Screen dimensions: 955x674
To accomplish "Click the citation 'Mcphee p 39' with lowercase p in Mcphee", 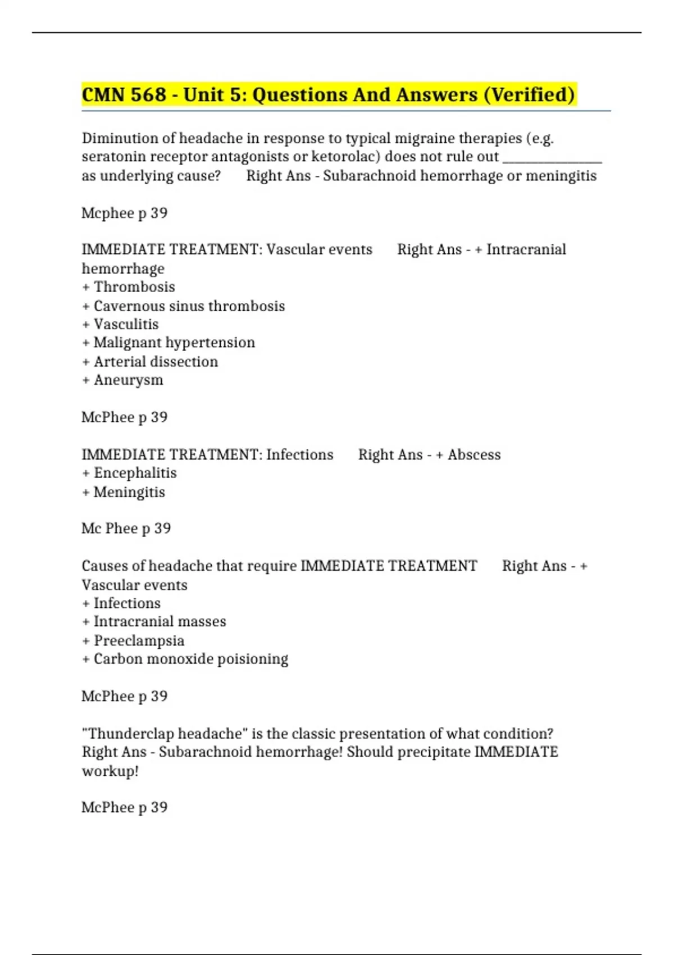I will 125,213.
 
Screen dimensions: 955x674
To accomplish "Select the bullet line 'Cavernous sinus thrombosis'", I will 189,306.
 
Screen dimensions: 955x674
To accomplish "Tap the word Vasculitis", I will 126,324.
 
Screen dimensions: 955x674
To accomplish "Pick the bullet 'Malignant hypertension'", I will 174,343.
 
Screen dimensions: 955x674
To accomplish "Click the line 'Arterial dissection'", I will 156,362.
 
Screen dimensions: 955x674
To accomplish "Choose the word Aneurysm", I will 128,380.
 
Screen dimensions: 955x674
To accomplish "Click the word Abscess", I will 474,454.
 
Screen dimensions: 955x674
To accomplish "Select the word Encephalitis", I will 135,473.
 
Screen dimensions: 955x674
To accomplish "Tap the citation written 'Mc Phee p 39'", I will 126,529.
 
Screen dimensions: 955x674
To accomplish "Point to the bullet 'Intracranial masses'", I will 160,621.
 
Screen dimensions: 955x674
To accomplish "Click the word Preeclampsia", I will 139,640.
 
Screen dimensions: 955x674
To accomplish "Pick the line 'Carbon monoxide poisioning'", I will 190,659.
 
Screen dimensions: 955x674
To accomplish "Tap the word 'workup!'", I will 110,771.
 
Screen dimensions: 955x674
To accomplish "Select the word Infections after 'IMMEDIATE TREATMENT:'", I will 299,454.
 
